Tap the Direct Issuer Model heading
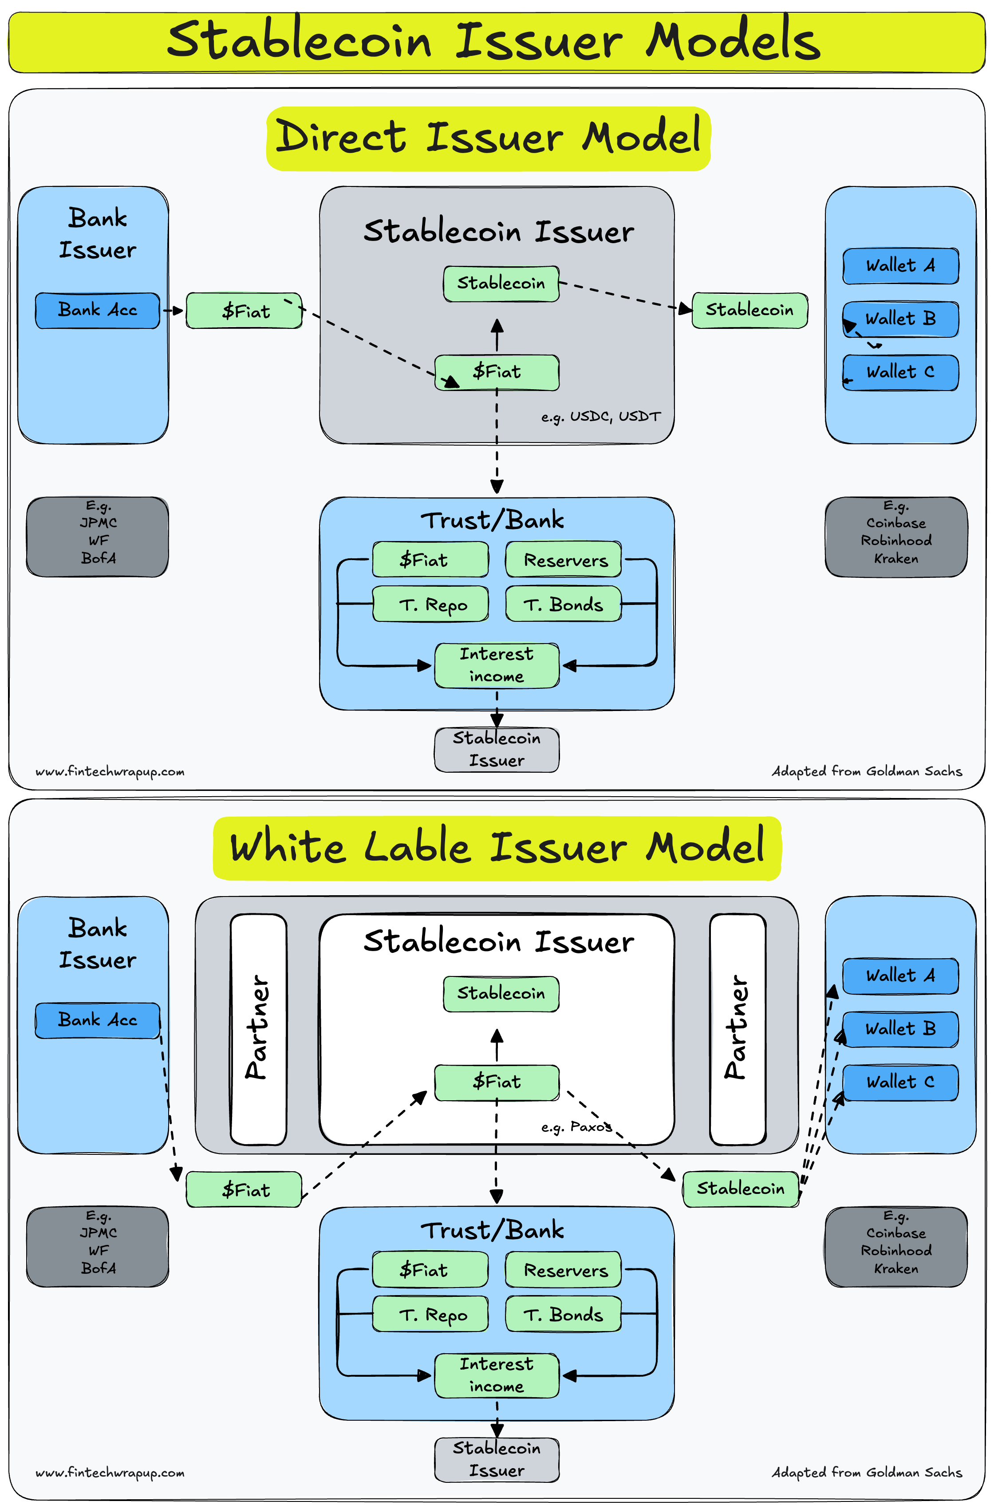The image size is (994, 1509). click(488, 138)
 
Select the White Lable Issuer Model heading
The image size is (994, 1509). click(497, 848)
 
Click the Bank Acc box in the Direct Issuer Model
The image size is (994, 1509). click(98, 310)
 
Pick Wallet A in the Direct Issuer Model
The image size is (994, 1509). click(900, 266)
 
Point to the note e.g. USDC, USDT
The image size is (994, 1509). click(600, 417)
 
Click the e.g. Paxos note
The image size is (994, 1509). click(576, 1127)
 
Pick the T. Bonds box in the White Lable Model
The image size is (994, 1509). click(563, 1314)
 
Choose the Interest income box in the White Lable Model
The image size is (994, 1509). click(497, 1375)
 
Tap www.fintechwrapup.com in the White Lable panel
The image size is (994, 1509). click(110, 1472)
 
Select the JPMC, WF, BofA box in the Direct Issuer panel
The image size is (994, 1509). click(98, 537)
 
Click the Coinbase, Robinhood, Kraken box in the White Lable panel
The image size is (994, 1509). click(896, 1247)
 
